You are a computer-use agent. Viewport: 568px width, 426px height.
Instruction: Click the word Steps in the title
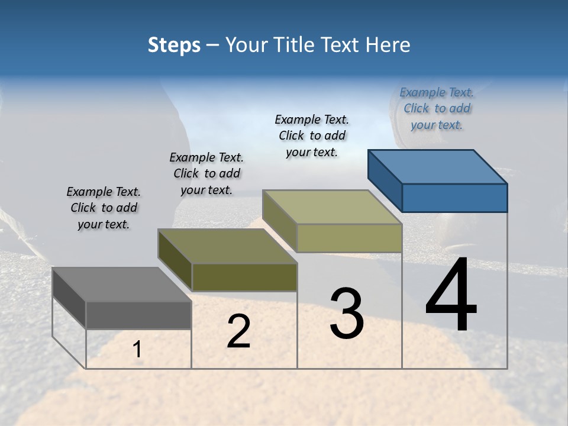(174, 45)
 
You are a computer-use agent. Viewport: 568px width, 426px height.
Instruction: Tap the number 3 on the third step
(347, 314)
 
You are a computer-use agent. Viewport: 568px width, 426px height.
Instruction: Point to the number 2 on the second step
(239, 331)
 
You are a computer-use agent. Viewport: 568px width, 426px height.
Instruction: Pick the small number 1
(137, 350)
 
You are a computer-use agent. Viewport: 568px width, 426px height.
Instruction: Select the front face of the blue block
(454, 198)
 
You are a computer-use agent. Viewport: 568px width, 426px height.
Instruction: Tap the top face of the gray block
(122, 285)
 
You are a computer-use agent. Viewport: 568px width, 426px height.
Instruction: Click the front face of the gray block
(138, 315)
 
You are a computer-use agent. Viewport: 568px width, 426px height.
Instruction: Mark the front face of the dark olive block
(244, 277)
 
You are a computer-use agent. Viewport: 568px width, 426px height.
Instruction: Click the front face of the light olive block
(349, 238)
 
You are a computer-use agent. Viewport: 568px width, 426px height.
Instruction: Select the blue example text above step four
(437, 108)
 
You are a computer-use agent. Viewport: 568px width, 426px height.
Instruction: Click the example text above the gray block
(104, 208)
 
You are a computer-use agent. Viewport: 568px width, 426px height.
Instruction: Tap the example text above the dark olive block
(206, 173)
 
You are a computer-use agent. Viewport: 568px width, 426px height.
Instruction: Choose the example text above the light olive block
(312, 135)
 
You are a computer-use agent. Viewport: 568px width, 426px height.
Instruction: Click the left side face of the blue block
(385, 177)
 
